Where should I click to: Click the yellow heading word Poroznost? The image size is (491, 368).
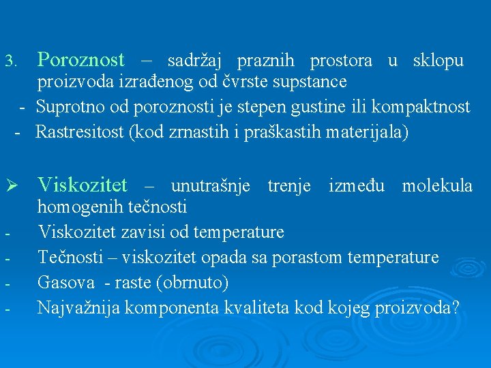pos(80,61)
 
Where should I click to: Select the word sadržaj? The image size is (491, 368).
pos(194,61)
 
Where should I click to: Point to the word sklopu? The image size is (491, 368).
pos(438,61)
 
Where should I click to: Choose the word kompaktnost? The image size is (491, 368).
pos(428,107)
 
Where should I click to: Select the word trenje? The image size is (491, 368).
pos(288,185)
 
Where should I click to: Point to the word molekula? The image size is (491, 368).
pos(437,185)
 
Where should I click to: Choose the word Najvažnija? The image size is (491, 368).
pos(77,308)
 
